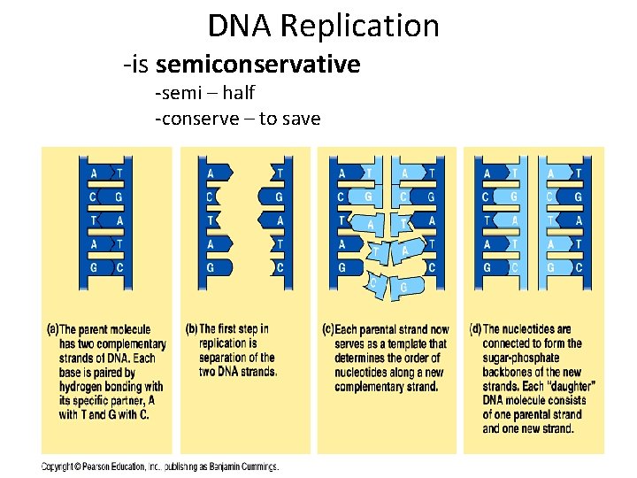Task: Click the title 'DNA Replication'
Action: (323, 26)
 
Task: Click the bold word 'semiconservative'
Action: (257, 65)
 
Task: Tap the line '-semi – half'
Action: (204, 92)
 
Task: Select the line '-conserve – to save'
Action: (237, 118)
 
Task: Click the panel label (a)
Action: (52, 329)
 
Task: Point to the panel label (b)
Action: (191, 329)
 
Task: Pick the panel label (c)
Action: (327, 329)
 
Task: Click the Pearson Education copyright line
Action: (160, 466)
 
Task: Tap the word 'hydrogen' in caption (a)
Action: (87, 386)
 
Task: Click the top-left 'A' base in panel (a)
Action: (95, 173)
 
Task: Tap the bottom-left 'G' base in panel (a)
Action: (95, 266)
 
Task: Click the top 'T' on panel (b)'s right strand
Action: (280, 173)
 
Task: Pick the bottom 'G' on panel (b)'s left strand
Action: (211, 266)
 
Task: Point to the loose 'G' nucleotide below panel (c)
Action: (403, 288)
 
